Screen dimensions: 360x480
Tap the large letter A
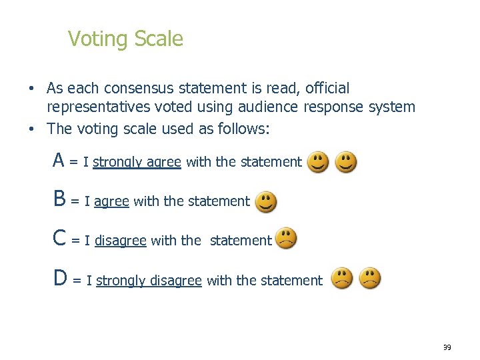[59, 161]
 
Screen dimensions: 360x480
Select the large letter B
[59, 199]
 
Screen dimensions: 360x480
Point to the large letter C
[59, 239]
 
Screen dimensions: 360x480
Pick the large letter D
[60, 279]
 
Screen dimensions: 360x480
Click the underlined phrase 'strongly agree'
[137, 162]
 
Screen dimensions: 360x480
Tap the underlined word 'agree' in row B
[111, 201]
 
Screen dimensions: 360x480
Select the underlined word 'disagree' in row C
[120, 241]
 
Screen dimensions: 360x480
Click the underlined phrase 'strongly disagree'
[149, 281]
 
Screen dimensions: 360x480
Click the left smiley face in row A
[317, 162]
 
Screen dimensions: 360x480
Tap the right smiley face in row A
[345, 162]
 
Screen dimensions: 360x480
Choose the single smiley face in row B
[265, 201]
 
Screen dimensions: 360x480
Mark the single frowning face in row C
[287, 239]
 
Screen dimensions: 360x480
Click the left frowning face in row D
[343, 278]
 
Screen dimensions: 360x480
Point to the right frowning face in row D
[370, 278]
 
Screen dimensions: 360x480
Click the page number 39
[446, 347]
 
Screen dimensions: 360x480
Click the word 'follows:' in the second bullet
[244, 129]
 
